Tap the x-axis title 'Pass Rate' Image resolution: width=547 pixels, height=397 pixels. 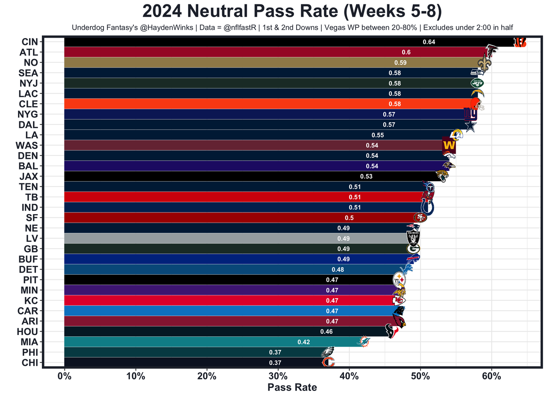click(x=292, y=388)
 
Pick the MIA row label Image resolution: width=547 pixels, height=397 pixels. click(x=29, y=342)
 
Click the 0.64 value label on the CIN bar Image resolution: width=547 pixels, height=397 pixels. click(x=429, y=42)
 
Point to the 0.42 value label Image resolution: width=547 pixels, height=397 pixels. click(x=304, y=342)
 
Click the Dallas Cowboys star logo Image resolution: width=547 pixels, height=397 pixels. click(x=470, y=126)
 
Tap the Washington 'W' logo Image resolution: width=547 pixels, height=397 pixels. click(x=449, y=145)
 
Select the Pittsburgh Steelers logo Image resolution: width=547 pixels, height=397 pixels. click(x=399, y=279)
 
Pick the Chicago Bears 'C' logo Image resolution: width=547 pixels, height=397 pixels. click(x=328, y=362)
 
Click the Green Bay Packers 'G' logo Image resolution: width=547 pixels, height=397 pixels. click(x=413, y=249)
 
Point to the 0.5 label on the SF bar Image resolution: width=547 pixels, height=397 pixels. click(x=350, y=218)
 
